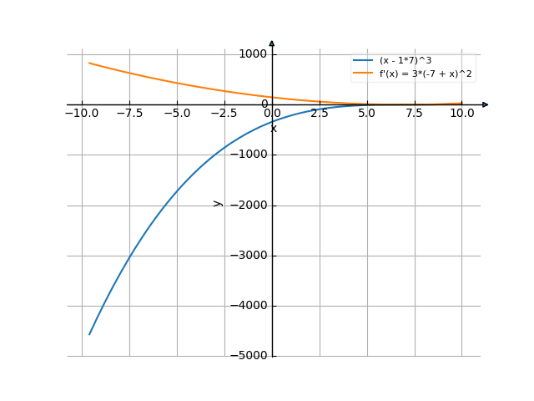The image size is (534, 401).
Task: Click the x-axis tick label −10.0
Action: tap(80, 113)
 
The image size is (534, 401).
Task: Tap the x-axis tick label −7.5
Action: tap(128, 113)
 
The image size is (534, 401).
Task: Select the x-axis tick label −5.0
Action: tap(176, 113)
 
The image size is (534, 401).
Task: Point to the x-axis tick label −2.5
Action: tap(224, 113)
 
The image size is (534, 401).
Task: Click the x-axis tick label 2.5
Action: tap(320, 113)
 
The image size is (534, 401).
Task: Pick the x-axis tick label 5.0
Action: tap(367, 113)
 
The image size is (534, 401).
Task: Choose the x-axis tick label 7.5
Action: tap(415, 113)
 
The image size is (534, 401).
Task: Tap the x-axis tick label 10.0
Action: tap(462, 113)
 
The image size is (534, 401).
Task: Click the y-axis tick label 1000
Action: tap(252, 54)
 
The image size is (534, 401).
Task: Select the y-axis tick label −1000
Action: tap(249, 155)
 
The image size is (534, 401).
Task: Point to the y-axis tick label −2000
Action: tap(249, 206)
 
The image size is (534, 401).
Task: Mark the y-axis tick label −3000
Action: tap(249, 256)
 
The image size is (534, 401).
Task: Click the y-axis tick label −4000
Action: tap(249, 306)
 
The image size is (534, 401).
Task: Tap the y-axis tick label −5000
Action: tap(249, 356)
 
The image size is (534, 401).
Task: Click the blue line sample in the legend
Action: tap(363, 61)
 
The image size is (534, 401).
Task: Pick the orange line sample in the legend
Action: tap(363, 74)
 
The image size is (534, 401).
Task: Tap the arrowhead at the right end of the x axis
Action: tap(485, 104)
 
